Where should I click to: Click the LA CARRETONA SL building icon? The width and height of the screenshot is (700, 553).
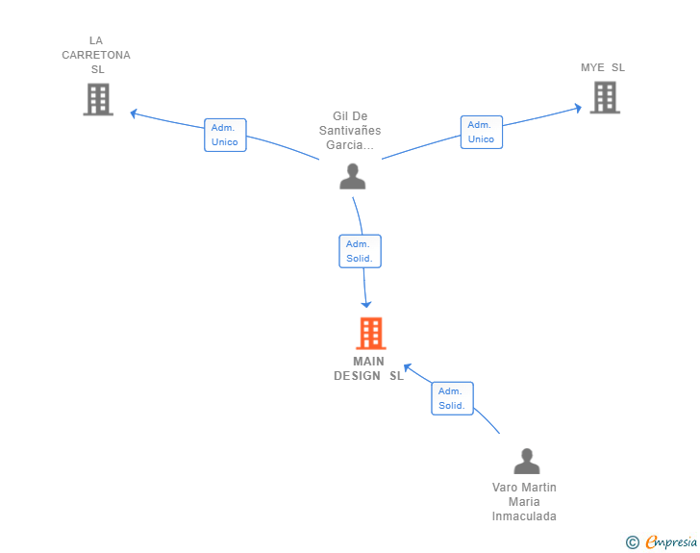98,99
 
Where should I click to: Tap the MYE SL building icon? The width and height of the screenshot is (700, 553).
605,97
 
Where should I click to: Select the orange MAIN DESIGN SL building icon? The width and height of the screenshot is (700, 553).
371,333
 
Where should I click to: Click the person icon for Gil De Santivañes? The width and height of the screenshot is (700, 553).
353,176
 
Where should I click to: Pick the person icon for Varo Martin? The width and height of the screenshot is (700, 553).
527,461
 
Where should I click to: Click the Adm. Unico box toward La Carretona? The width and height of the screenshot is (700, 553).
225,135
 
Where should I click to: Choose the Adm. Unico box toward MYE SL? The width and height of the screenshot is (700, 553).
481,132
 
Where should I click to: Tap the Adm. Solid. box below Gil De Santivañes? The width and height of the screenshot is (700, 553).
360,251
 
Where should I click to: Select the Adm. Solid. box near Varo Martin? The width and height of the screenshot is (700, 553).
452,398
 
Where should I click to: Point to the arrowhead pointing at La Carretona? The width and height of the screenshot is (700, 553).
133,113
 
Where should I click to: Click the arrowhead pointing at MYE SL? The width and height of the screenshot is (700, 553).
578,108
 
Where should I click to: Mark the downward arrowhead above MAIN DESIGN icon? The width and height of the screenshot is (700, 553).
366,305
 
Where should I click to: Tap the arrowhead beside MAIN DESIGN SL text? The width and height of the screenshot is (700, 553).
407,367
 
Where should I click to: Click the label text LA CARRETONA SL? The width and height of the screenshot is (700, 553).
96,55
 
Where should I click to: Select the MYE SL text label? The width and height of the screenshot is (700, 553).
603,67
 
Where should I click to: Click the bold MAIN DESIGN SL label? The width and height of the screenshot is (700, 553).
369,368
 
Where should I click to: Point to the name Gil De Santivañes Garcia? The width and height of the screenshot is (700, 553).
350,131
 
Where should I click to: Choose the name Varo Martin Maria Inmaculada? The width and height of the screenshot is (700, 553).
524,502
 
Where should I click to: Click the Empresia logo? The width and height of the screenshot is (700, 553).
671,541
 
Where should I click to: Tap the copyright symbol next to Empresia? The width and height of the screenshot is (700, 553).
633,542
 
